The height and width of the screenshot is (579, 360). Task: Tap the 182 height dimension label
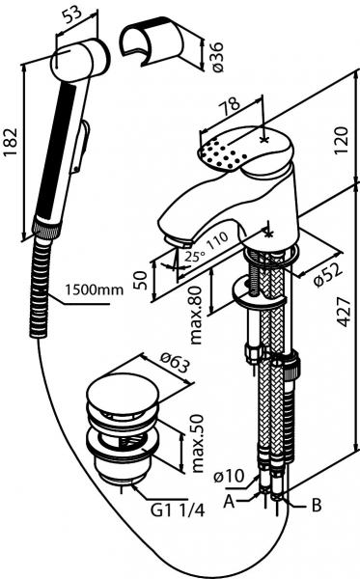pyautogui.click(x=10, y=143)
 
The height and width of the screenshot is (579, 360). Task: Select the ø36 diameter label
pyautogui.click(x=218, y=57)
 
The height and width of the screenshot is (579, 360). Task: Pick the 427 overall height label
pyautogui.click(x=345, y=312)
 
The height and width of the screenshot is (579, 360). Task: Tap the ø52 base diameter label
pyautogui.click(x=328, y=273)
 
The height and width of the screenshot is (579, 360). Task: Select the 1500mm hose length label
pyautogui.click(x=95, y=289)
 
